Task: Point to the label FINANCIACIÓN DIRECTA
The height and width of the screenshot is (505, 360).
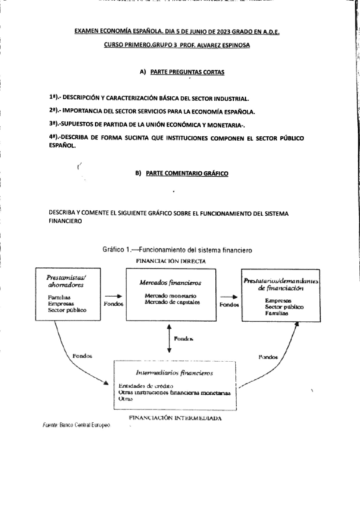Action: pyautogui.click(x=171, y=261)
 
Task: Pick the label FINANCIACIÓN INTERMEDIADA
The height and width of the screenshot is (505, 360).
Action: pyautogui.click(x=175, y=419)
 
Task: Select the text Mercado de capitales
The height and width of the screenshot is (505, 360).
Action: pyautogui.click(x=168, y=302)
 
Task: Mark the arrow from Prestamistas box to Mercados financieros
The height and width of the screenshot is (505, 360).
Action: pyautogui.click(x=113, y=295)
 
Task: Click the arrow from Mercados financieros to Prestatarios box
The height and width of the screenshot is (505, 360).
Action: pyautogui.click(x=228, y=295)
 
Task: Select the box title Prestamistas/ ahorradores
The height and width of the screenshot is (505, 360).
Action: pyautogui.click(x=66, y=281)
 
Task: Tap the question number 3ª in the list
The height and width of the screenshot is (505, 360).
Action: pyautogui.click(x=52, y=124)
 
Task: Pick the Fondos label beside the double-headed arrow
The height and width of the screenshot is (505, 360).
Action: pyautogui.click(x=183, y=338)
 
